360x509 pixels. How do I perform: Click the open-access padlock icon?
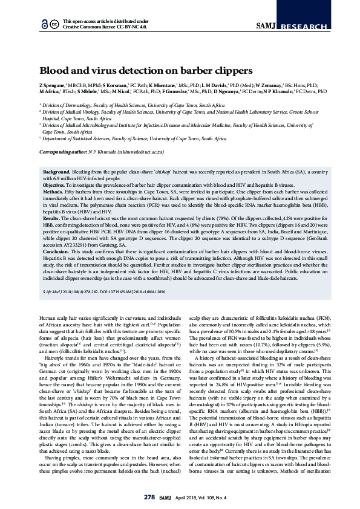pyautogui.click(x=44, y=24)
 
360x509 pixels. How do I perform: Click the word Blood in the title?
pyautogui.click(x=54, y=70)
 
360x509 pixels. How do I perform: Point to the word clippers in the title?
pyautogui.click(x=217, y=70)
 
